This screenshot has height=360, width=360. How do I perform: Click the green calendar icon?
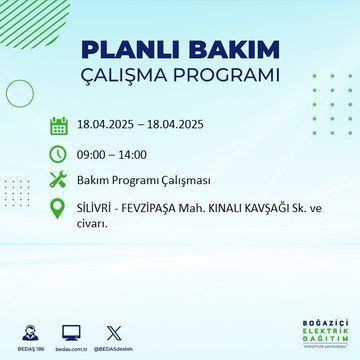pos(59,126)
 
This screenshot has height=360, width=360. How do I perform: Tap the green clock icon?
pos(59,155)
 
